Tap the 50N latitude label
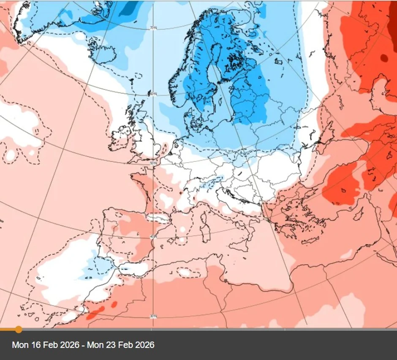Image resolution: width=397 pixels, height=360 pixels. [x=153, y=163]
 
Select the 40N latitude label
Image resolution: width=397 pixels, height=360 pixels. [x=153, y=236]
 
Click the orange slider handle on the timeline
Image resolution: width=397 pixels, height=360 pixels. [x=19, y=329]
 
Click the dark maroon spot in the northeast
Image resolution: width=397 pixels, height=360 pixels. [x=384, y=58]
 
